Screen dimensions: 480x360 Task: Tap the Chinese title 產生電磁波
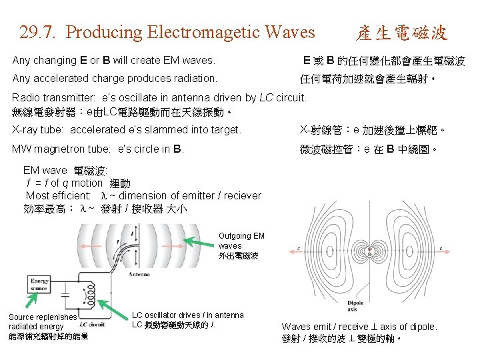401,33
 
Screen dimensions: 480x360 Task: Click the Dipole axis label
356,306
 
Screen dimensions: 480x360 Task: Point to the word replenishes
57,317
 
